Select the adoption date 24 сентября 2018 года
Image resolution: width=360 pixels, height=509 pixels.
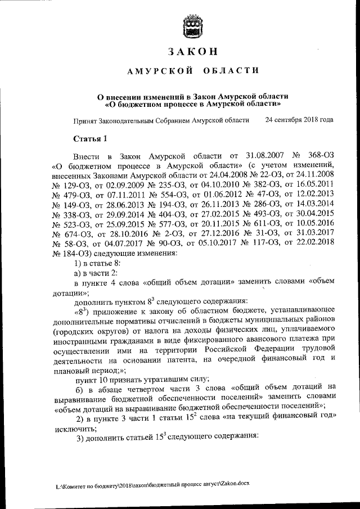pyautogui.click(x=299, y=120)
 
